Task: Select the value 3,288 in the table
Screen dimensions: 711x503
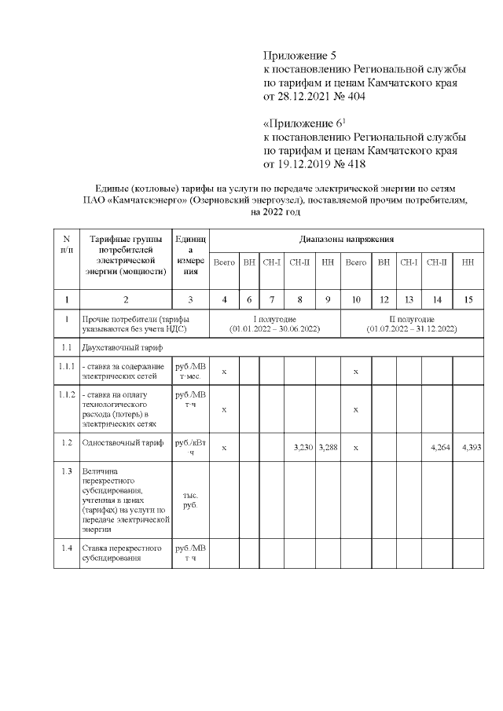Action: pos(329,447)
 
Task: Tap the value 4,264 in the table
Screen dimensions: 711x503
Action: pos(436,447)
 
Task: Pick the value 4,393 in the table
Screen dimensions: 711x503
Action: pos(468,447)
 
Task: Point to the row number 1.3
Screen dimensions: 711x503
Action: pos(67,471)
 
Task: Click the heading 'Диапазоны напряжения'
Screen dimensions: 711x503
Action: pos(347,238)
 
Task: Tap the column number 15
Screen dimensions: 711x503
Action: pos(468,299)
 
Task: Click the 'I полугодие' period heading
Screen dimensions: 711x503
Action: pos(274,320)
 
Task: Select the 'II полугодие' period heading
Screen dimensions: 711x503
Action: pos(411,320)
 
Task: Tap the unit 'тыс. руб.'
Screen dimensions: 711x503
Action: pos(190,500)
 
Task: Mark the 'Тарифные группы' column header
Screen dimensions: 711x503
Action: pos(126,239)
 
